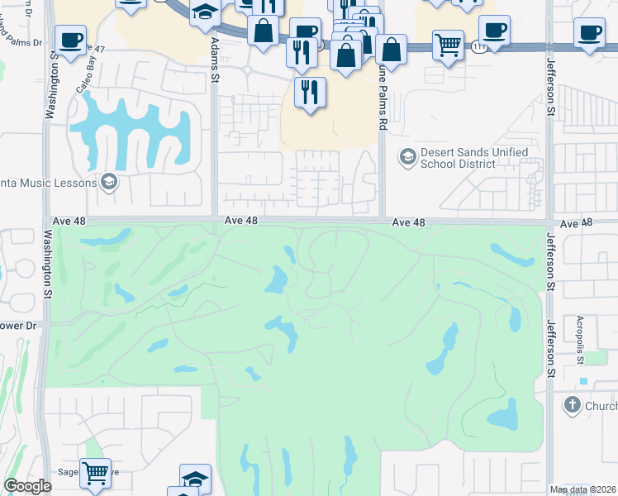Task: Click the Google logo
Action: pos(26,486)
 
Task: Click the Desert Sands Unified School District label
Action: pos(458,158)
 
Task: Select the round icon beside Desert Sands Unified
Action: pos(406,155)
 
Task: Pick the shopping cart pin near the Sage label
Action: pos(97,472)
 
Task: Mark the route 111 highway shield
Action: pos(480,47)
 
